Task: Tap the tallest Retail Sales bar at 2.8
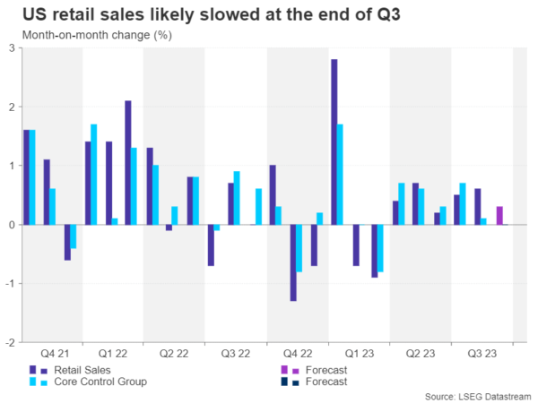334,141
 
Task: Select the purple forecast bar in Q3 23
499,216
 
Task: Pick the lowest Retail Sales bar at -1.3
293,262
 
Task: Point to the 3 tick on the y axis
12,48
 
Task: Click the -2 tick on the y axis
10,342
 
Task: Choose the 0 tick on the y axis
12,225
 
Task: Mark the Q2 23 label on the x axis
419,352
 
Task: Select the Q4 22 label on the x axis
296,352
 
